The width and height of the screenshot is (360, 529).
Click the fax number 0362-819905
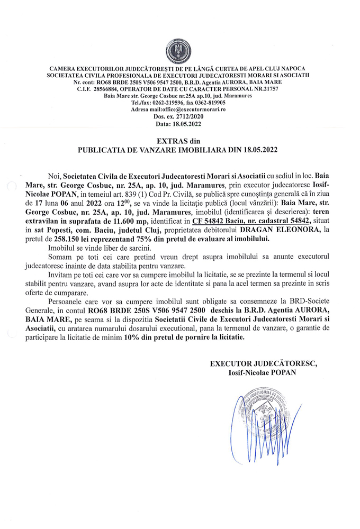pyautogui.click(x=205, y=102)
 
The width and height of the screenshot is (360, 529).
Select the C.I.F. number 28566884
pyautogui.click(x=114, y=89)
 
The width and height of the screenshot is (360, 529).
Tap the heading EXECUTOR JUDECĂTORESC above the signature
pyautogui.click(x=263, y=363)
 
